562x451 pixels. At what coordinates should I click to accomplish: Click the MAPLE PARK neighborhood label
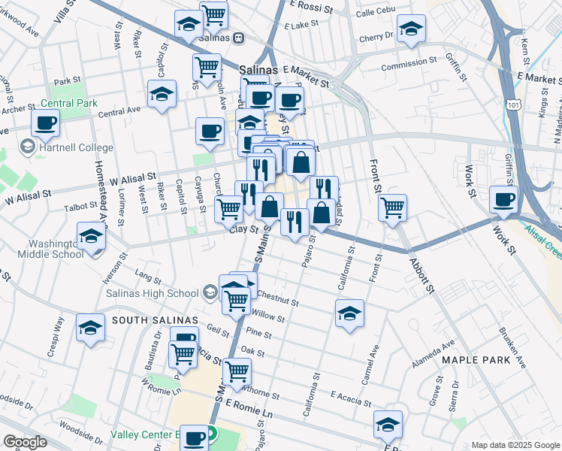point(476,360)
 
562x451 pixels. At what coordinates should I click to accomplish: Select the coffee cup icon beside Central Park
point(45,123)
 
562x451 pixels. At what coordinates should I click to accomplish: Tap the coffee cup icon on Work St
point(503,199)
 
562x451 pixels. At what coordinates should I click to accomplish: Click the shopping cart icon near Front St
point(392,206)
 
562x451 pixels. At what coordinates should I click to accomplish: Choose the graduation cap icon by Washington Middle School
point(91,237)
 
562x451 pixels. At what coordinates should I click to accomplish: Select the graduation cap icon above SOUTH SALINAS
point(90,328)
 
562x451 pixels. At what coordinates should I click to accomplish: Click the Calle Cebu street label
point(375,14)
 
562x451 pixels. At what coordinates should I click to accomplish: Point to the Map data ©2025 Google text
point(515,445)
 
